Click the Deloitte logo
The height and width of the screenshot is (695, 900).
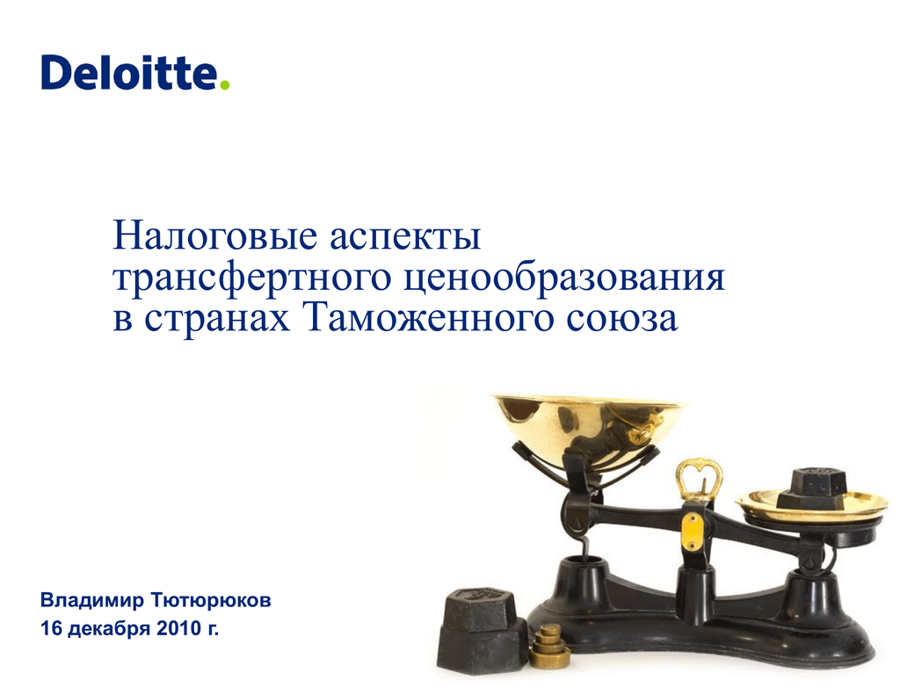(x=134, y=72)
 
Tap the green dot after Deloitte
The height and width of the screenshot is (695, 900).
(x=224, y=85)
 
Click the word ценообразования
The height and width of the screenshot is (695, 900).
(x=563, y=279)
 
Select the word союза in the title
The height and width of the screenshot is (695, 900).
(x=621, y=320)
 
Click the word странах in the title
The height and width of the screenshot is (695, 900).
(x=217, y=320)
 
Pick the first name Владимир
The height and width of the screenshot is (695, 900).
(x=91, y=600)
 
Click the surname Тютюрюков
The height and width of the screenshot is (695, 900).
(x=211, y=600)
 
